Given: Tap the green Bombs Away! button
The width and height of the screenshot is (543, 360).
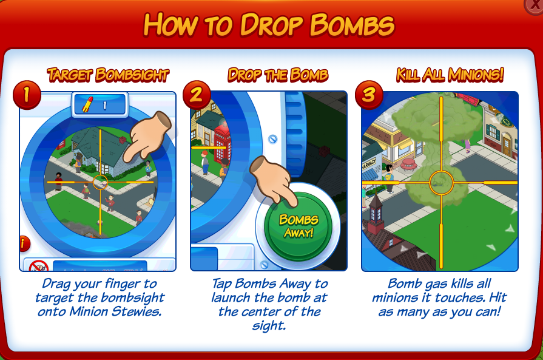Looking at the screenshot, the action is [298, 226].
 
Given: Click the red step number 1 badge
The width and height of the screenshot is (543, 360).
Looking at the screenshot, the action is [27, 95].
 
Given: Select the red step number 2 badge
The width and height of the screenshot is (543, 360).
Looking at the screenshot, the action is [197, 95].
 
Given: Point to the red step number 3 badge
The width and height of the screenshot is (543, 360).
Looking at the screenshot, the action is [369, 95].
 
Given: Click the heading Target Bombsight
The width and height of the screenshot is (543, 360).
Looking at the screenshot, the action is [108, 75].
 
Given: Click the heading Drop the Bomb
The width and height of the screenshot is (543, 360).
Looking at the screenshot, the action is [278, 75].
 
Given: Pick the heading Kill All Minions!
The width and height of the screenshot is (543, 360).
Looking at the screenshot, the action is [450, 75].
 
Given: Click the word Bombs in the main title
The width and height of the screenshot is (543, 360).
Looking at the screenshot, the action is [352, 25].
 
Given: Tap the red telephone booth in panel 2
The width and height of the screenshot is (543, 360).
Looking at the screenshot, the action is [223, 144].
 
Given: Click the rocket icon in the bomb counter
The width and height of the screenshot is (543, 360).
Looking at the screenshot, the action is [88, 104].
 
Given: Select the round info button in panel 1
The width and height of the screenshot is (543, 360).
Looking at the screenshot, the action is [24, 243].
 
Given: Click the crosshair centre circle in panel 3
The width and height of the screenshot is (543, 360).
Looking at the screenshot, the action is [441, 182].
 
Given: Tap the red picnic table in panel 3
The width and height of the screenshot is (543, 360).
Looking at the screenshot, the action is [409, 165].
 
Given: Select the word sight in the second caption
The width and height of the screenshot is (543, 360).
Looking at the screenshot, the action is [269, 325].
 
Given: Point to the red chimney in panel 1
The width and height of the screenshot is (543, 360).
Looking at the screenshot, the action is [122, 140].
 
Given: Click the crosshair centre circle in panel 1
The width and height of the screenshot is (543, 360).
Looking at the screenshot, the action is [101, 182].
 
